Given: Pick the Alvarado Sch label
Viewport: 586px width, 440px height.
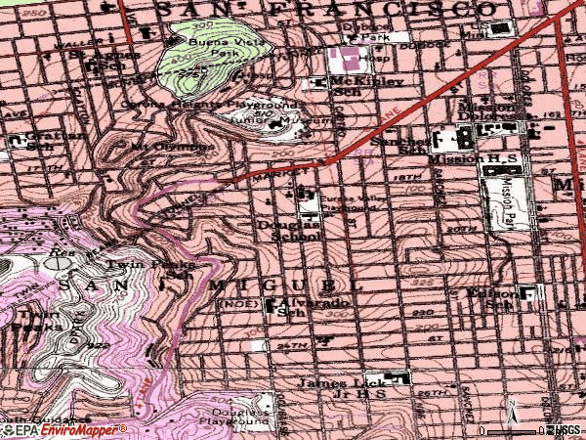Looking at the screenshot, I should [x=299, y=308].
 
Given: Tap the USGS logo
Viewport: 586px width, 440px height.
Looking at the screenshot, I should [x=566, y=430].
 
